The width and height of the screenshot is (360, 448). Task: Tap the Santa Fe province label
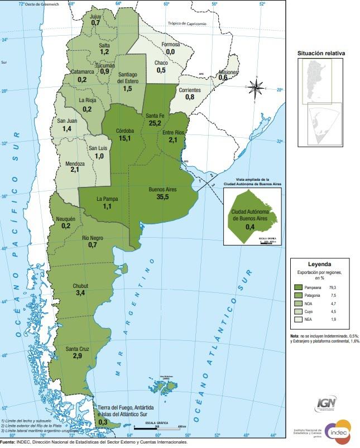click(154, 115)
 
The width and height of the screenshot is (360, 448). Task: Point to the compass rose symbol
click(256, 88)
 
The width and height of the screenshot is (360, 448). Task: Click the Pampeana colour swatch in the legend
click(300, 287)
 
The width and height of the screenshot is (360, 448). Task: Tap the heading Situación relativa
click(321, 53)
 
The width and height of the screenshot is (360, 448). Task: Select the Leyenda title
click(320, 264)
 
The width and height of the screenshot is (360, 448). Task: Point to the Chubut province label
click(80, 286)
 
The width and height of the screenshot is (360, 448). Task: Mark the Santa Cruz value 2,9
click(77, 355)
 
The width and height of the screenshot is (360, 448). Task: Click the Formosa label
click(170, 44)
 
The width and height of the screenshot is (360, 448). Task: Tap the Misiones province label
click(228, 73)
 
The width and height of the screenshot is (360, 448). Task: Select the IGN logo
click(326, 403)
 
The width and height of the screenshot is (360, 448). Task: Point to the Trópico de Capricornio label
click(187, 23)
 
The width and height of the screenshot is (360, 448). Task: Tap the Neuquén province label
click(66, 219)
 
